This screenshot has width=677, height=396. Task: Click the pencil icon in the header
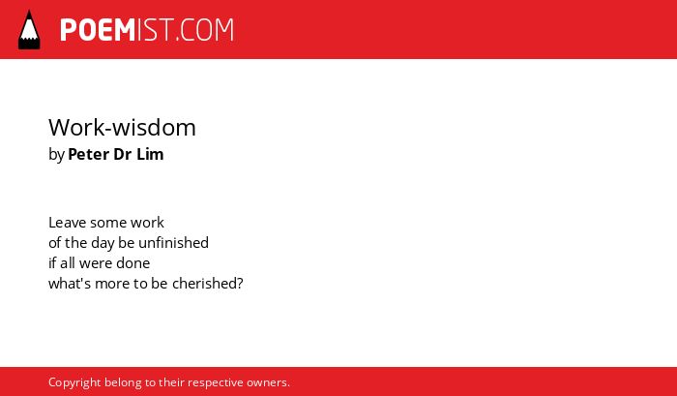29,29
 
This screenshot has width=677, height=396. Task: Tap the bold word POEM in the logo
98,30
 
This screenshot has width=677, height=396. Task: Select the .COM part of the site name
204,30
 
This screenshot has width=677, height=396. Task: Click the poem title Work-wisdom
122,128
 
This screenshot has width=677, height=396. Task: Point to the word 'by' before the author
56,155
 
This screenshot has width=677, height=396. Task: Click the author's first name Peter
89,154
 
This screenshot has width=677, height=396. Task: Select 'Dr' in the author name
122,154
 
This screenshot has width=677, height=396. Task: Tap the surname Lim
150,154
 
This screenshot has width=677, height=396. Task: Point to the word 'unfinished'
173,242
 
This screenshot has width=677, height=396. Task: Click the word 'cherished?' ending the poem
208,284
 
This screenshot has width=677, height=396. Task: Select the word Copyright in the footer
74,383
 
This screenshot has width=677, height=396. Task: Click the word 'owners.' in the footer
268,382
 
